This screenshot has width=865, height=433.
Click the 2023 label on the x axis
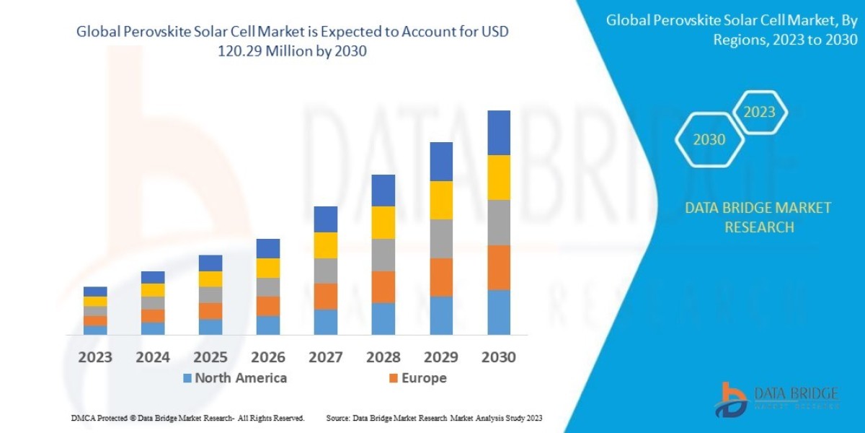(95, 357)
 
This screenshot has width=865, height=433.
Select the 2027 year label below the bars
(326, 357)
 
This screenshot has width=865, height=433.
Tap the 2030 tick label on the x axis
(498, 357)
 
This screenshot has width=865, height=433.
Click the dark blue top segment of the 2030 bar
(499, 133)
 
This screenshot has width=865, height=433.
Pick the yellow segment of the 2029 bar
(441, 200)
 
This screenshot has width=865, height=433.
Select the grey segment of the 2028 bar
(383, 255)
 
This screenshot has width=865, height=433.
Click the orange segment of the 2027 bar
(326, 296)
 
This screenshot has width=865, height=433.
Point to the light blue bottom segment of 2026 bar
(268, 325)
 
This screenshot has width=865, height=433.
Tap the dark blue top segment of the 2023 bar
(95, 292)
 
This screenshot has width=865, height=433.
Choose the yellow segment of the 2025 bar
(210, 279)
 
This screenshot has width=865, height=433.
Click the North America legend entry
(234, 378)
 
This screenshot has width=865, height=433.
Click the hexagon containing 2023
(760, 113)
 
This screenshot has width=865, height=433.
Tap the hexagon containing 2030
(709, 140)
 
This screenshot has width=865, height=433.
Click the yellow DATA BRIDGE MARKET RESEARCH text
(758, 217)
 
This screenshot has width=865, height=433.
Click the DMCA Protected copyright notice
(187, 418)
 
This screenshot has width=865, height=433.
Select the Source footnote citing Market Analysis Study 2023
(434, 418)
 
